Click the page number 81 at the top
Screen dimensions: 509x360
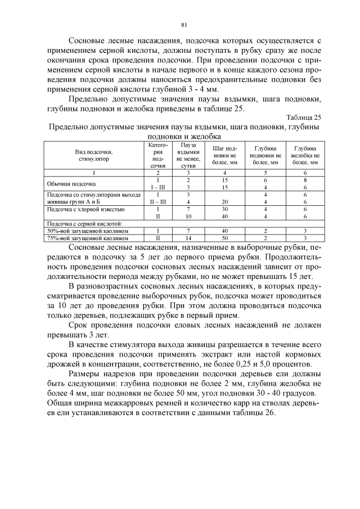(183, 24)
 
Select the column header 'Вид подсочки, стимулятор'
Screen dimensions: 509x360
(93, 155)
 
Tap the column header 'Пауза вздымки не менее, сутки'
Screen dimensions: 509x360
(188, 155)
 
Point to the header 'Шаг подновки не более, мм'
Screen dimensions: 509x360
(224, 155)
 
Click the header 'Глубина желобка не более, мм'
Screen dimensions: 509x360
(305, 155)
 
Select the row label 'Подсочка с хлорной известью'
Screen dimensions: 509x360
(82, 209)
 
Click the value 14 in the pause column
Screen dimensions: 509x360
(188, 238)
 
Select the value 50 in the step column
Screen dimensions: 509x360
(224, 238)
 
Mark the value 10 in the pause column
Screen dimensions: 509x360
(188, 216)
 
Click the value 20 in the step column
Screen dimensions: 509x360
(224, 201)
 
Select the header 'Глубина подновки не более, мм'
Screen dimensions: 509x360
(264, 155)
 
